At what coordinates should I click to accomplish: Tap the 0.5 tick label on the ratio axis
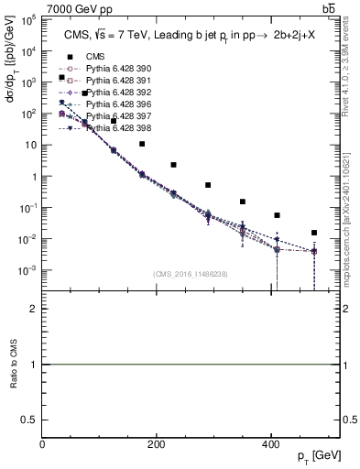[x=31, y=419]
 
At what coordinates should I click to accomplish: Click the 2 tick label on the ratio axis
[x=35, y=309]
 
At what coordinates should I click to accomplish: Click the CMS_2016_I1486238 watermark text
[x=189, y=274]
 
